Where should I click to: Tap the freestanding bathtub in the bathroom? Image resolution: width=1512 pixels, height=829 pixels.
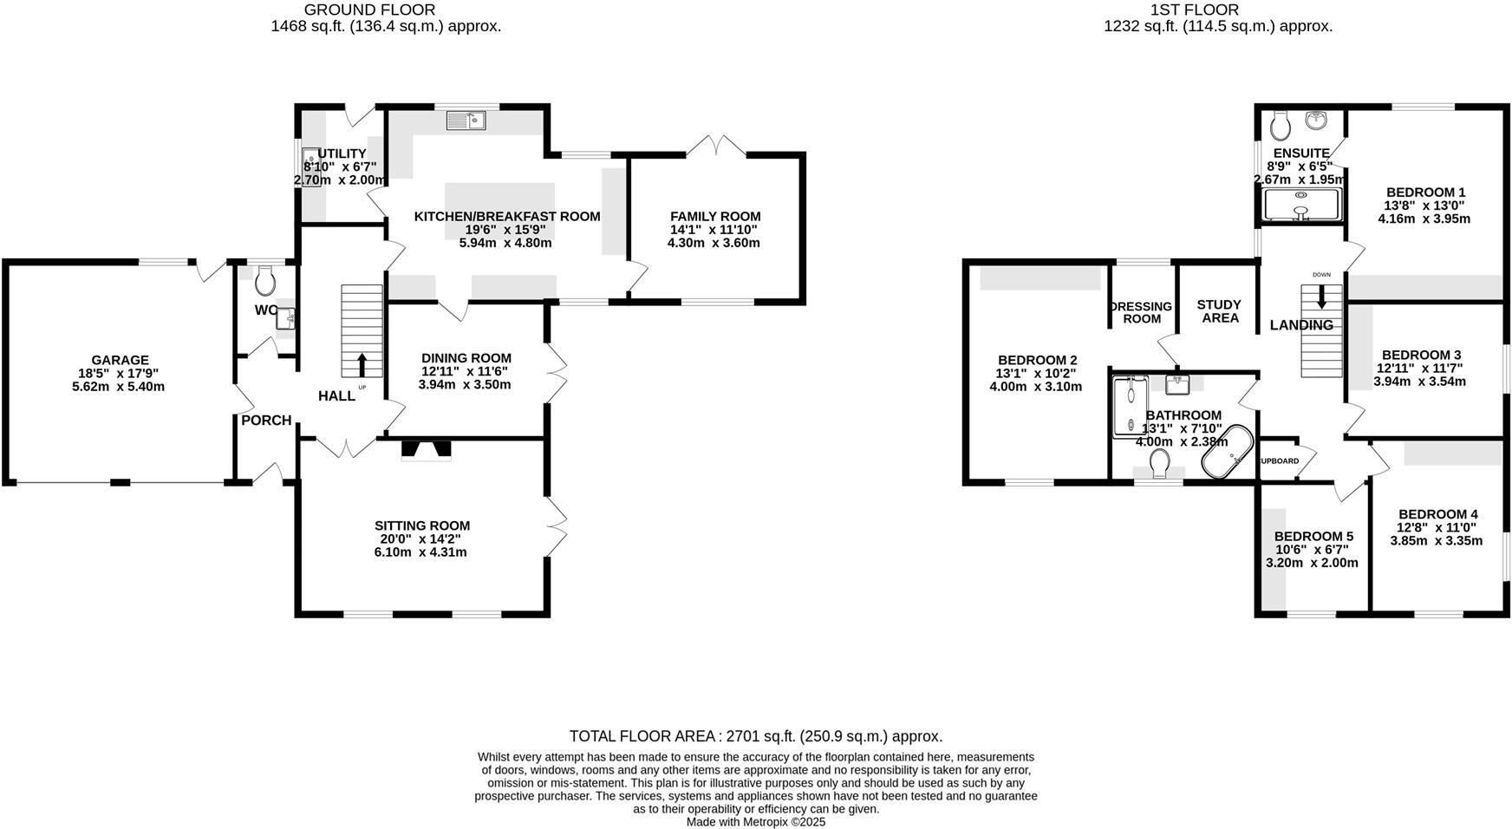(1227, 451)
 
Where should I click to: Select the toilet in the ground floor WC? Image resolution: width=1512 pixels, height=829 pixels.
(265, 280)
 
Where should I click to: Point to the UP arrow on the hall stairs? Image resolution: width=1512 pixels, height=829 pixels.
(362, 364)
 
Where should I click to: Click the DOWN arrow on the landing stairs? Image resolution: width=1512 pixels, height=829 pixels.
(1321, 297)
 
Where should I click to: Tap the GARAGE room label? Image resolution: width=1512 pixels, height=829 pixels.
(120, 360)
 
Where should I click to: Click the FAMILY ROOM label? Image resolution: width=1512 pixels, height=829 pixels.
(715, 217)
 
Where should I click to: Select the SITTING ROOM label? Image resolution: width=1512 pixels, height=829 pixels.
(422, 525)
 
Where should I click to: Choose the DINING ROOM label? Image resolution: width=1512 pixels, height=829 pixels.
(466, 358)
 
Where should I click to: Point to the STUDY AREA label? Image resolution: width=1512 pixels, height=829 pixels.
(1219, 311)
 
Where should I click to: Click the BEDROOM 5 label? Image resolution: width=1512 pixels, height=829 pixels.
(1313, 537)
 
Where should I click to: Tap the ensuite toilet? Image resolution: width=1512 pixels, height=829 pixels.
(1280, 127)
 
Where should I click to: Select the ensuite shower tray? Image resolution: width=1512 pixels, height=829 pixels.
(1300, 206)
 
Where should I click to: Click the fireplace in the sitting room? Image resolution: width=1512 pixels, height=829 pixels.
(426, 449)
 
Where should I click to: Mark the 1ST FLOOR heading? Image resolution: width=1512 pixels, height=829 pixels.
(1194, 10)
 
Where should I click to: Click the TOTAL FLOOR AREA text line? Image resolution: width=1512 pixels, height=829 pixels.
(756, 736)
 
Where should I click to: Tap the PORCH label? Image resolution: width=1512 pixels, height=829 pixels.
(266, 421)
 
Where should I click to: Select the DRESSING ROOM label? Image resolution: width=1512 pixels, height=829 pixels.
(1142, 312)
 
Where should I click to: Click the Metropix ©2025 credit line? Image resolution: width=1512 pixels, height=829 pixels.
(756, 822)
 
